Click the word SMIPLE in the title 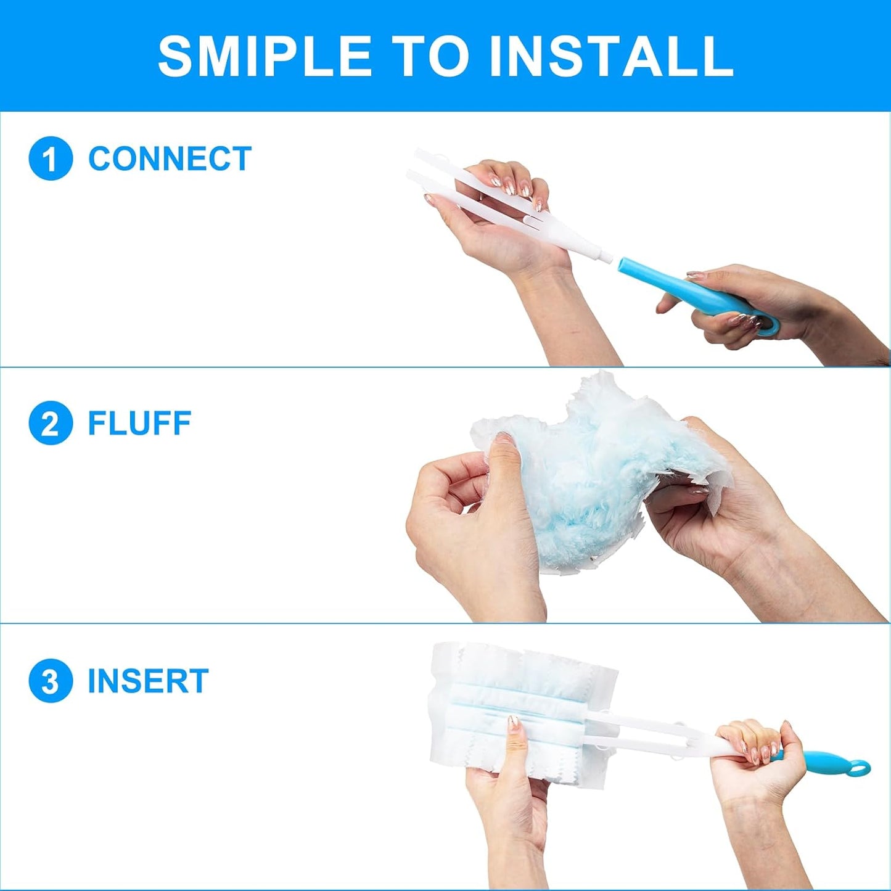pyautogui.click(x=265, y=55)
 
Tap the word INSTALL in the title pyautogui.click(x=610, y=55)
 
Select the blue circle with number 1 pyautogui.click(x=51, y=159)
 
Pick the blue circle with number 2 pyautogui.click(x=51, y=423)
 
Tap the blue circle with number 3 pyautogui.click(x=51, y=681)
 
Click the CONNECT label pyautogui.click(x=170, y=159)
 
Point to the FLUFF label pyautogui.click(x=139, y=423)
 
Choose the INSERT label pyautogui.click(x=148, y=681)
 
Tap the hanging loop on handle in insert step pyautogui.click(x=859, y=768)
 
